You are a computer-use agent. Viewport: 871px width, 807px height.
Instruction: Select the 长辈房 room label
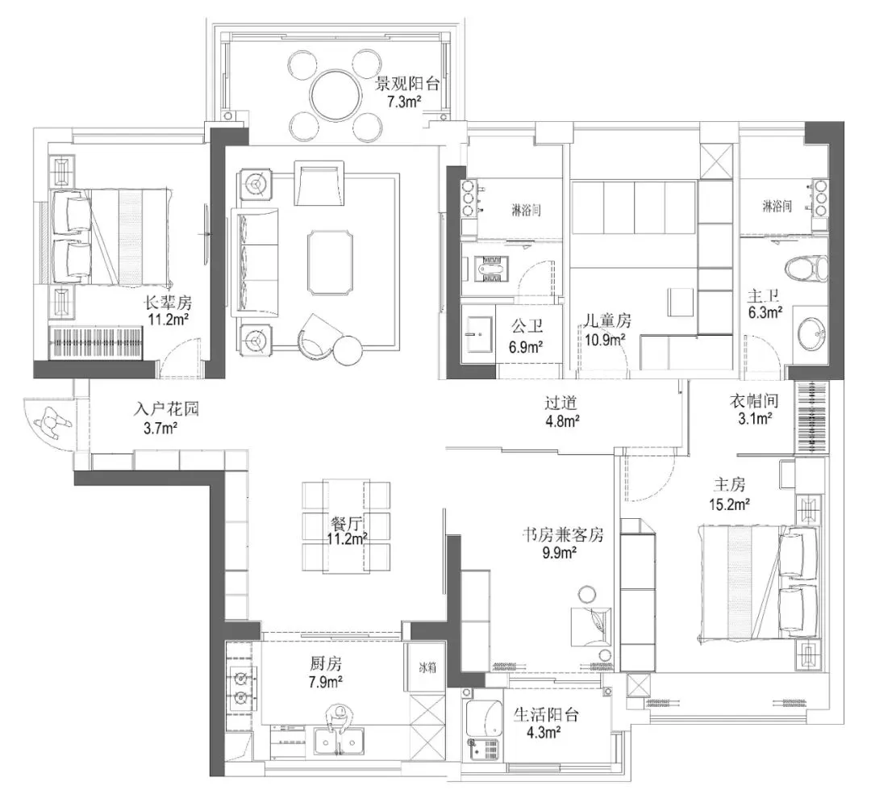click(169, 303)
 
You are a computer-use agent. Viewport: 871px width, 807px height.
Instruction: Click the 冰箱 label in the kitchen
click(427, 668)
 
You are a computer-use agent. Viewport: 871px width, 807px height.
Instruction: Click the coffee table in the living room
click(331, 262)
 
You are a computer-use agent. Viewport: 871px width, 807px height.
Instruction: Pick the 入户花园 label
click(166, 410)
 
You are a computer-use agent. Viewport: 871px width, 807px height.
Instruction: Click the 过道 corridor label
click(561, 403)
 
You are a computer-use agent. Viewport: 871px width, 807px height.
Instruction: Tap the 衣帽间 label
click(754, 401)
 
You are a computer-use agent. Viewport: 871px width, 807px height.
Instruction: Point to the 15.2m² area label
click(729, 504)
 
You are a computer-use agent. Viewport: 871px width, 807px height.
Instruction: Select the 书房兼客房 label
click(563, 535)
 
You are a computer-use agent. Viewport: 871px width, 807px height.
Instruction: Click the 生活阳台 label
click(546, 715)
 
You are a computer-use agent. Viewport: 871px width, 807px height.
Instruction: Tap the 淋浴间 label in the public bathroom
click(526, 210)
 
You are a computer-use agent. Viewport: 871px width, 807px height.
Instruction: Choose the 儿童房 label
click(607, 320)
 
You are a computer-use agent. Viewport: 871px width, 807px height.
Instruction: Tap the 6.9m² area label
click(526, 348)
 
